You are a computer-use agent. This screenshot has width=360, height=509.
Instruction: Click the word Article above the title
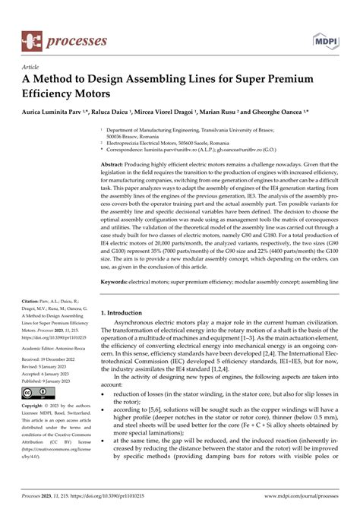click(36, 67)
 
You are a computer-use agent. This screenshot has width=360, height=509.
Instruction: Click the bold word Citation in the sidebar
click(31, 301)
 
